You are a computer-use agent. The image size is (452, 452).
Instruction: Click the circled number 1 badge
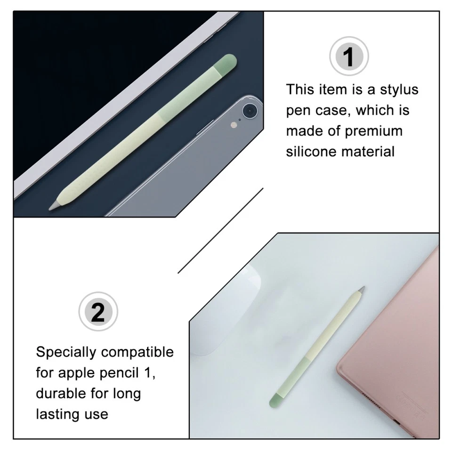pyautogui.click(x=348, y=57)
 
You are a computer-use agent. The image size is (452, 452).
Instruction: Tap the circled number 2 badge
pyautogui.click(x=98, y=312)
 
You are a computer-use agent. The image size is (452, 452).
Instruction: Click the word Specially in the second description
pyautogui.click(x=66, y=352)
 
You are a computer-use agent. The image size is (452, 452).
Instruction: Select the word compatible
pyautogui.click(x=137, y=352)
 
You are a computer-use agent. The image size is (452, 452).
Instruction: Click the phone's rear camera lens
pyautogui.click(x=249, y=111)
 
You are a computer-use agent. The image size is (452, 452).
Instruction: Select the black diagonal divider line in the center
pyautogui.click(x=220, y=231)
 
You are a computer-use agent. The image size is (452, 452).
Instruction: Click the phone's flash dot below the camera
pyautogui.click(x=232, y=125)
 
